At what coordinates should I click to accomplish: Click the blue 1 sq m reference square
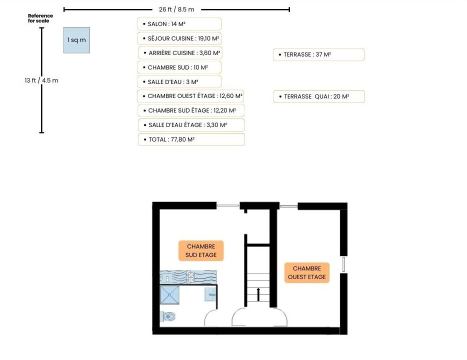[76, 40]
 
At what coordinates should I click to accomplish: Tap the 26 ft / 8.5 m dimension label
[176, 9]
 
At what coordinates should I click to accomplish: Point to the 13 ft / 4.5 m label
[41, 80]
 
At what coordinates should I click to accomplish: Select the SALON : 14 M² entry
[179, 24]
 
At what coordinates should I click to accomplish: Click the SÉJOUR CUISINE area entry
[179, 38]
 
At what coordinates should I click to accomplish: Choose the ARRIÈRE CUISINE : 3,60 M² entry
[180, 53]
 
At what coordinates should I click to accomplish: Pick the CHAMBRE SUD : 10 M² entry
[179, 67]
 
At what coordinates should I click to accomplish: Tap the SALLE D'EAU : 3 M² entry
[179, 82]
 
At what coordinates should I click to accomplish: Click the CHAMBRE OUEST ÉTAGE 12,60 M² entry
[190, 96]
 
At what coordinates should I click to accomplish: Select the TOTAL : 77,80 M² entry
[191, 139]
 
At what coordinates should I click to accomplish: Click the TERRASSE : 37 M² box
[318, 54]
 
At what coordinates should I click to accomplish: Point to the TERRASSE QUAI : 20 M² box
[319, 96]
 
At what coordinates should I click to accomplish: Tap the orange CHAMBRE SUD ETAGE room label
[201, 250]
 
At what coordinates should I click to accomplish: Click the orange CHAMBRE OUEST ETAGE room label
[307, 273]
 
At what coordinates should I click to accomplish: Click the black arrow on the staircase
[258, 294]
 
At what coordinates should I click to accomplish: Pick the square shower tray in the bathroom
[170, 295]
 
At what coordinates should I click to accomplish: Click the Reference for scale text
[40, 18]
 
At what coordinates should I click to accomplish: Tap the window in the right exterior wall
[343, 264]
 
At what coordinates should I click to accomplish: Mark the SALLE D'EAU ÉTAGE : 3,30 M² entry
[191, 125]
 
